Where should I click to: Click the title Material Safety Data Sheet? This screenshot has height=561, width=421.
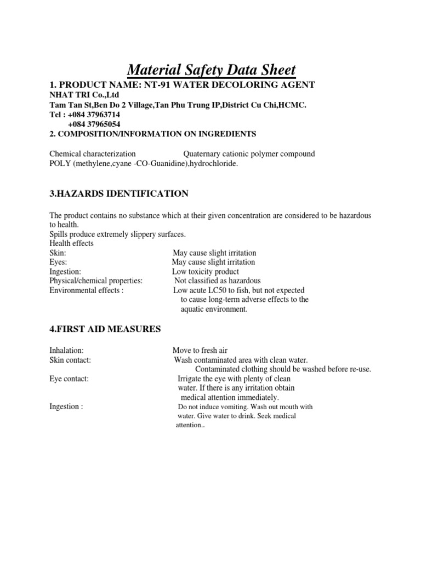(x=211, y=70)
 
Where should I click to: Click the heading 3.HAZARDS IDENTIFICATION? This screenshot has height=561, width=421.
(x=119, y=193)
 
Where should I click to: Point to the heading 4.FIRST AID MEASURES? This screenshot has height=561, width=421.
(x=105, y=329)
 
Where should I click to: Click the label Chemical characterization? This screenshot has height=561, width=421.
(x=93, y=154)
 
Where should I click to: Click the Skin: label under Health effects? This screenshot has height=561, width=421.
(x=58, y=253)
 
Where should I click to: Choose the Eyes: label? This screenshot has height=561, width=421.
(x=58, y=262)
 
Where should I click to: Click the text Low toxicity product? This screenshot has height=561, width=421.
(x=206, y=271)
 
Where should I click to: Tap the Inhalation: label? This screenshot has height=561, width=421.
(x=66, y=350)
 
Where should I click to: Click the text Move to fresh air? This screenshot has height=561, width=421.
(x=200, y=350)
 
